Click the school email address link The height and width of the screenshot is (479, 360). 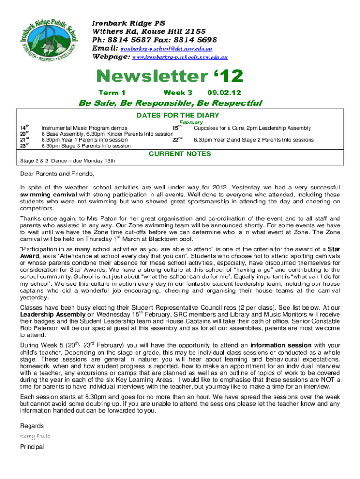tap(166, 48)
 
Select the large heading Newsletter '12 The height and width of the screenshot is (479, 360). tap(170, 76)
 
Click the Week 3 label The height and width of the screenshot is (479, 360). tap(178, 93)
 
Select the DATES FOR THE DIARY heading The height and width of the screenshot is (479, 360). tap(178, 116)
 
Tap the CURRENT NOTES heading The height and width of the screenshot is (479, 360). tap(180, 153)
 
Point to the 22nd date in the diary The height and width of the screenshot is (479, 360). tap(176, 139)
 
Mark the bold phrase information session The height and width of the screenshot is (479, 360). tap(280, 345)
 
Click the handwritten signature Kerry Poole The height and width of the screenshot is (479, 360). tap(35, 436)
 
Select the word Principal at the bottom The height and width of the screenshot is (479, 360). tap(32, 447)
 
